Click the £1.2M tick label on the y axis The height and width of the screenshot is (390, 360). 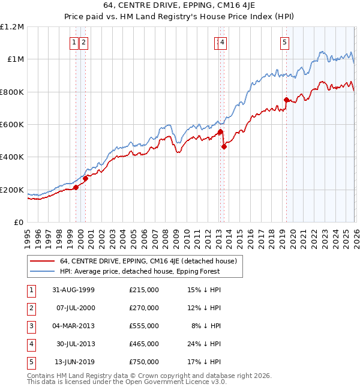coord(12,27)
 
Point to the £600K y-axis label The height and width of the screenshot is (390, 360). coord(12,125)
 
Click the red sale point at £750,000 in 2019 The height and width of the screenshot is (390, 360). coord(286,100)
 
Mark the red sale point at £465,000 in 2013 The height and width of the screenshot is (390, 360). coord(224,146)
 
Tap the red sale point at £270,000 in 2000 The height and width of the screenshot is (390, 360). coord(85,178)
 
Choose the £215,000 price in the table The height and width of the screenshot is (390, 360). coord(144,290)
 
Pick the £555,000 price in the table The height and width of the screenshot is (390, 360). coord(144,326)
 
